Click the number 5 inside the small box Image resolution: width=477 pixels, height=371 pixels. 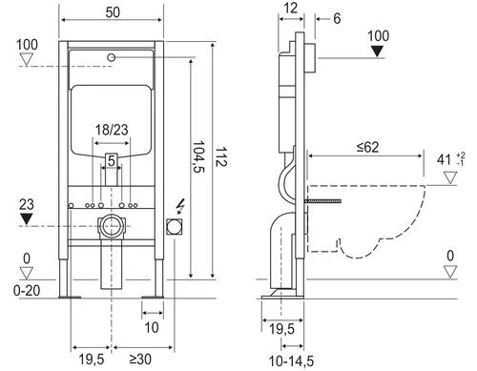tap(113, 161)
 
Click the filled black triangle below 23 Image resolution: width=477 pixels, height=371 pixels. tap(26, 218)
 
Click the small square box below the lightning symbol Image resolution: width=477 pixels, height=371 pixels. tap(176, 227)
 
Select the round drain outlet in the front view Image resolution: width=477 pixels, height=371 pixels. tap(113, 228)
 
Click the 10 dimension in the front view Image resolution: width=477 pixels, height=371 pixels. tap(153, 326)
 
